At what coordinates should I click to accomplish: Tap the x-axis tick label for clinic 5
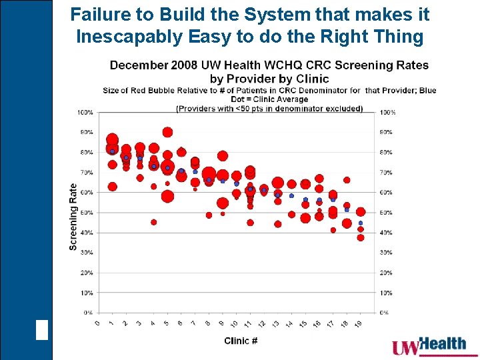(166, 323)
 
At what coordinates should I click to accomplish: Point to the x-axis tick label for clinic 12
(263, 324)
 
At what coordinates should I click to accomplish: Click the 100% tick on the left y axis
(85, 113)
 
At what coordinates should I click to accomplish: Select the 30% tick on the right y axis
(386, 253)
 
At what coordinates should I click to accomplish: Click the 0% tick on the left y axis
(87, 313)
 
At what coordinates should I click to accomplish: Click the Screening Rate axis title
(73, 217)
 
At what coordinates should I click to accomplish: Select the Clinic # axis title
(241, 341)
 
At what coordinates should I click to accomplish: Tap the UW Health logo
(429, 346)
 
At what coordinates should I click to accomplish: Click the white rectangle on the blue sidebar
(42, 330)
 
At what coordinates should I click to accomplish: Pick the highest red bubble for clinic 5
(167, 132)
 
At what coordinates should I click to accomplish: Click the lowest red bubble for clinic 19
(361, 237)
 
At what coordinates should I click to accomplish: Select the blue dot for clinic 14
(291, 195)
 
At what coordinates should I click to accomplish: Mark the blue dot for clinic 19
(361, 223)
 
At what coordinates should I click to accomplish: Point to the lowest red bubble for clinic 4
(154, 222)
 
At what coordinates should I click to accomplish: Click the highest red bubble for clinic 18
(347, 180)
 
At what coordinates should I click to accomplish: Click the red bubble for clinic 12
(264, 189)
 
